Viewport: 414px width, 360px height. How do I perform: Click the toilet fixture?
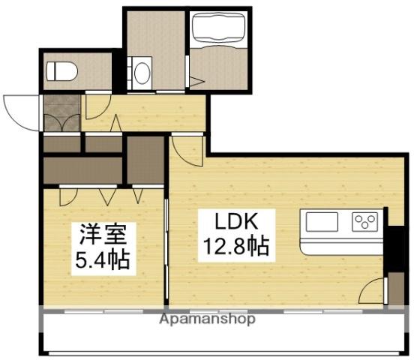coord(62,71)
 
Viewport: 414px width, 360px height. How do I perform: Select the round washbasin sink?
coord(142,73)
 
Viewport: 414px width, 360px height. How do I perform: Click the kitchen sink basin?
coord(322,222)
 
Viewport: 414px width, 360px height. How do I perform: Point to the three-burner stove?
coord(365,222)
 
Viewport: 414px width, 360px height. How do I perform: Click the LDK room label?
coord(236,221)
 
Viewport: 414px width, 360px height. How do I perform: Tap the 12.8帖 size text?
coord(236,246)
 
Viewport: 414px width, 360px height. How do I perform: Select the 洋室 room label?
coord(103,234)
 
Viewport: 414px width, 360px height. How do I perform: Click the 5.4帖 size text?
coord(103,259)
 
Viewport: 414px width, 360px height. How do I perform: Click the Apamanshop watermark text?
coord(207,319)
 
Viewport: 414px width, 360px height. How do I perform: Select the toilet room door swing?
coord(98,106)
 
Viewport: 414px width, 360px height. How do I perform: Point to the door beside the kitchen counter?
coord(372,290)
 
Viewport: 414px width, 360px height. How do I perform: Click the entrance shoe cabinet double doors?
coord(61,123)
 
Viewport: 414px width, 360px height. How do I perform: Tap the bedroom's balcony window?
coord(103,311)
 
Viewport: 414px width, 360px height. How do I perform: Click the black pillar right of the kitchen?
coord(394,248)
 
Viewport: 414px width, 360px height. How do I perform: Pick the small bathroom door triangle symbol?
coord(197,81)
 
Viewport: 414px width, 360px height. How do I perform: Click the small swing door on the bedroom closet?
coord(68,196)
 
